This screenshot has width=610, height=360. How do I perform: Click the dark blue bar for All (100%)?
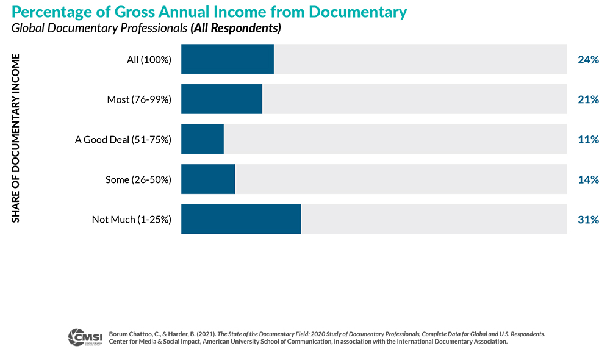pyautogui.click(x=228, y=59)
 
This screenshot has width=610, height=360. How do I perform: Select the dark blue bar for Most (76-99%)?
pyautogui.click(x=221, y=99)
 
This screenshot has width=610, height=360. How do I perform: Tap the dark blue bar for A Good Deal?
pyautogui.click(x=203, y=139)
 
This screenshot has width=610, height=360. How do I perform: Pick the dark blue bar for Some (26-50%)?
pyautogui.click(x=208, y=179)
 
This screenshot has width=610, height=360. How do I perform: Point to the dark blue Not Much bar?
pyautogui.click(x=241, y=219)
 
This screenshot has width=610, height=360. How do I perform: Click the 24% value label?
pyautogui.click(x=588, y=60)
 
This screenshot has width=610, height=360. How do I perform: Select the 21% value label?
pyautogui.click(x=588, y=99)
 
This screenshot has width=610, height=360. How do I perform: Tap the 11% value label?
pyautogui.click(x=588, y=140)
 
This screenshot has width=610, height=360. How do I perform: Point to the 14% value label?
pyautogui.click(x=588, y=180)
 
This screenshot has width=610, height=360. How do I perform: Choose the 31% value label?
pyautogui.click(x=588, y=220)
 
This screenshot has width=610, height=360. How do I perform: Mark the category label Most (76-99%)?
pyautogui.click(x=139, y=99)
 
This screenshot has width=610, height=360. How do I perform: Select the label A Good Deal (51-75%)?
pyautogui.click(x=123, y=140)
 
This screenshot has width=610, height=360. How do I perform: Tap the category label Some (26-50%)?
pyautogui.click(x=138, y=180)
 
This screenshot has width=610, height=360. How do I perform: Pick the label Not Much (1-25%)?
pyautogui.click(x=132, y=220)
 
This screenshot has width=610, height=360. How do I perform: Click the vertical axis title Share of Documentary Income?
pyautogui.click(x=16, y=139)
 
